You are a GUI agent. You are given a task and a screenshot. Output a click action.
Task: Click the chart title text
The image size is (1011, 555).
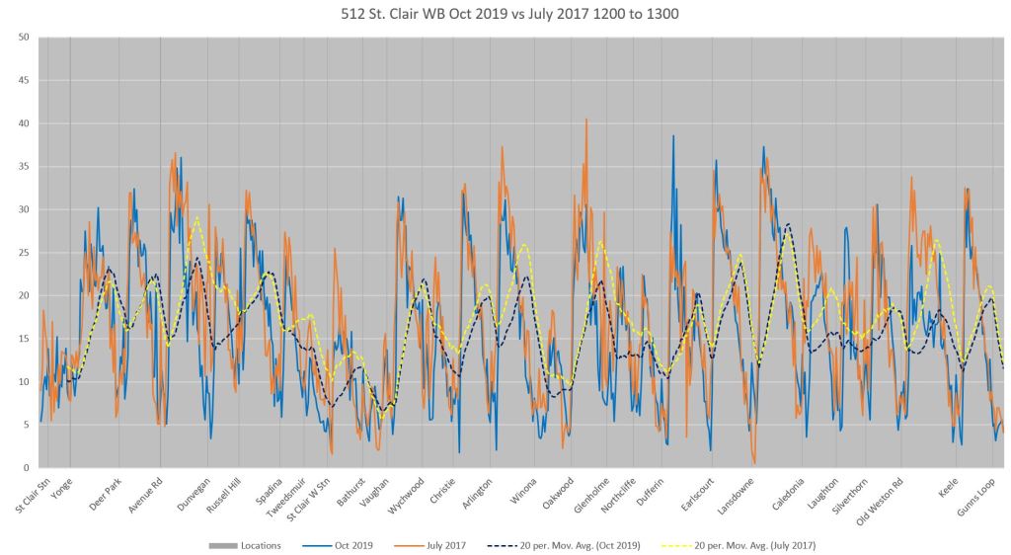coord(505,14)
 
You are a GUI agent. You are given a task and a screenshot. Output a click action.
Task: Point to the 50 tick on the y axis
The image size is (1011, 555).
coord(24,38)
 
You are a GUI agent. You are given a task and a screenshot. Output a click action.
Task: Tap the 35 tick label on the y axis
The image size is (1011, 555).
coord(24,167)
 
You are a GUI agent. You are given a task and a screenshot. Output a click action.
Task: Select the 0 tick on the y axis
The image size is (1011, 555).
coord(27,468)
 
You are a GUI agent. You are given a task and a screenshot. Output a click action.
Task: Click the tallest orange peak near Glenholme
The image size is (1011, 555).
coord(586,119)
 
